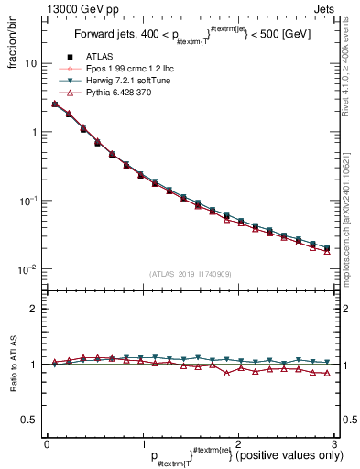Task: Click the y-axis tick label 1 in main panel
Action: [34, 132]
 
